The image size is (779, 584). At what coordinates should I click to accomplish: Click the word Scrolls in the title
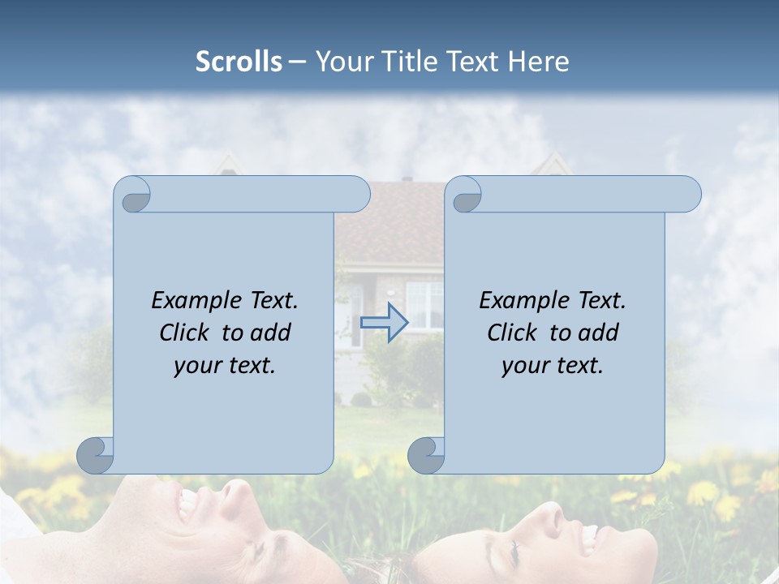(x=239, y=62)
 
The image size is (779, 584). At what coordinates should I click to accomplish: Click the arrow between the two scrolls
(x=384, y=322)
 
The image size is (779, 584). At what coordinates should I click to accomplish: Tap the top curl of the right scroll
(x=465, y=195)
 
